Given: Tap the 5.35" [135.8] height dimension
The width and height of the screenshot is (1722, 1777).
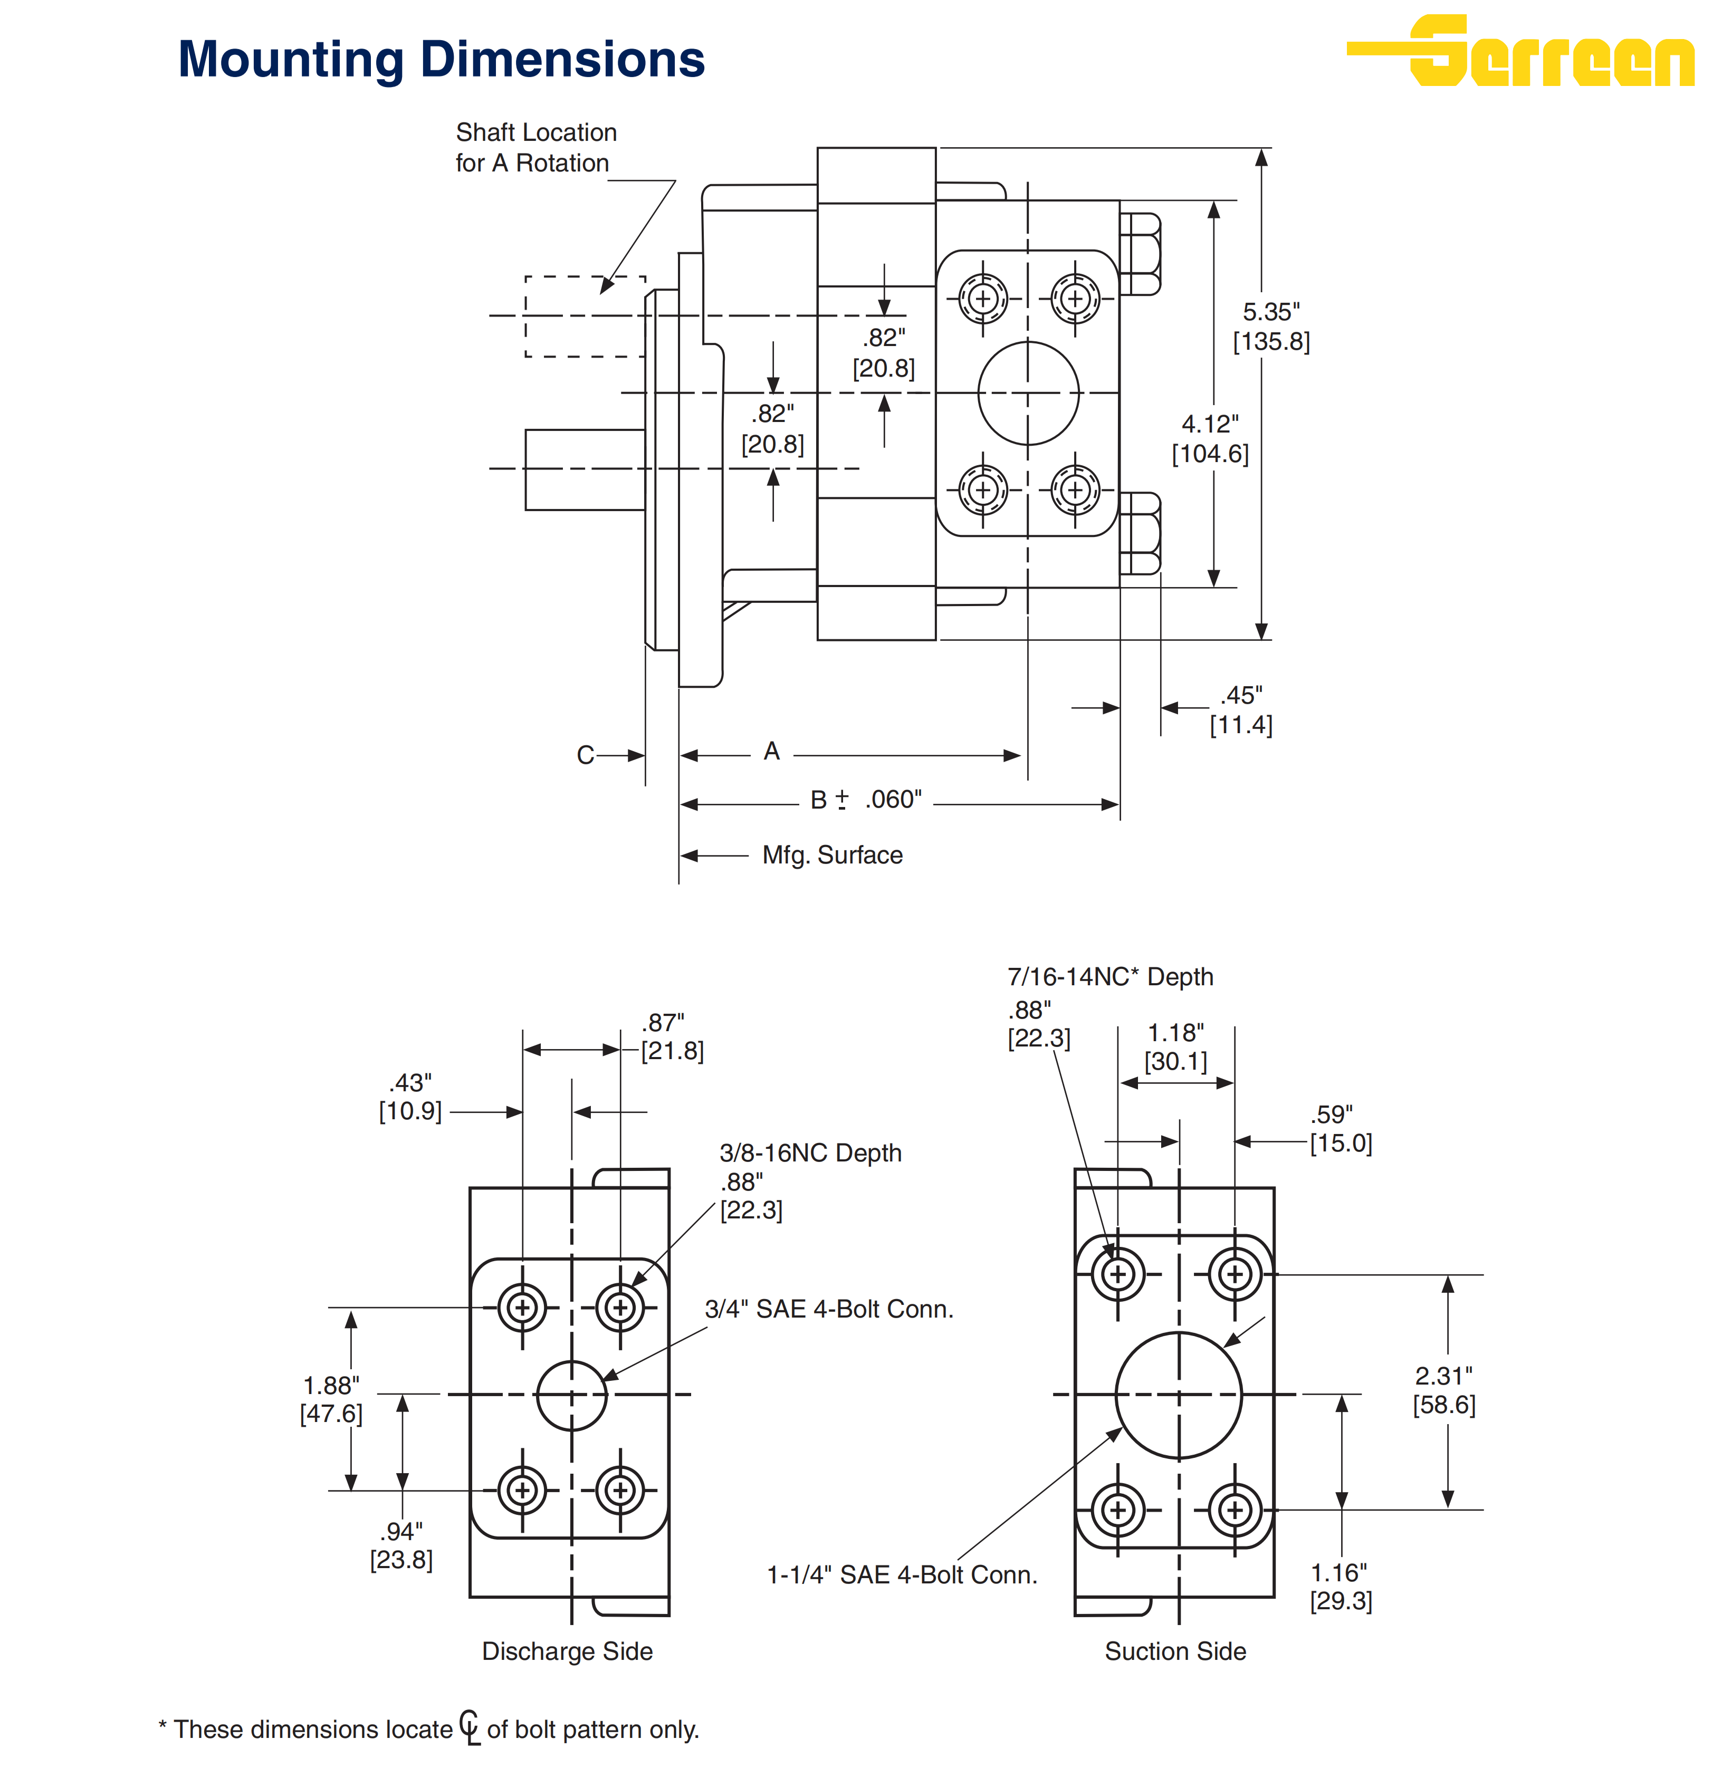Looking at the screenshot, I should point(1270,326).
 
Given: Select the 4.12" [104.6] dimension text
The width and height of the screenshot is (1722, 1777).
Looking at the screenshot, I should point(1210,439).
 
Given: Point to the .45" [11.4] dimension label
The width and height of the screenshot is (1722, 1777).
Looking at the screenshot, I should point(1240,710).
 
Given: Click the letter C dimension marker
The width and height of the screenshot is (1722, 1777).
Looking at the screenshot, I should point(585,755).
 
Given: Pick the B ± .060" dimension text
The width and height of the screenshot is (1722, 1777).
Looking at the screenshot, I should point(866,800).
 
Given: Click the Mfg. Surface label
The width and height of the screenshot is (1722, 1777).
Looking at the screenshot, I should point(831,855).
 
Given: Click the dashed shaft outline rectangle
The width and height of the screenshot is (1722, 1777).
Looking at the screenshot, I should point(585,316).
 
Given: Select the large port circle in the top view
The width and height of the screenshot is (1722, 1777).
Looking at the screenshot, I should point(1028,393).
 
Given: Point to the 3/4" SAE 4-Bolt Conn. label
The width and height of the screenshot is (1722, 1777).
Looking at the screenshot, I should point(829,1309).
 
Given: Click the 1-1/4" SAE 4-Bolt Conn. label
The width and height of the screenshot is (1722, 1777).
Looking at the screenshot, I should point(901,1575).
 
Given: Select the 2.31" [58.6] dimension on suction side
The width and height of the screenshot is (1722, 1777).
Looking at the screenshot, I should point(1443,1390).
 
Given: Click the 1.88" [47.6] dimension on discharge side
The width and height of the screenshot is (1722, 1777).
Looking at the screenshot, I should point(331,1399).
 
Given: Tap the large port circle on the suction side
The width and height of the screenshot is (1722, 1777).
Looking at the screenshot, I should point(1178,1395).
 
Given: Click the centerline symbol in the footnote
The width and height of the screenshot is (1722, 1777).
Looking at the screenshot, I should point(470,1726).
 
